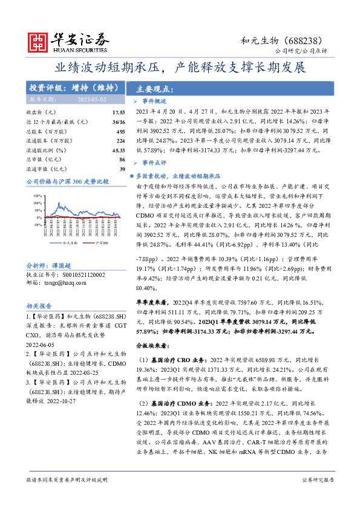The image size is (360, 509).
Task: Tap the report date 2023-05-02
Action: (93, 99)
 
